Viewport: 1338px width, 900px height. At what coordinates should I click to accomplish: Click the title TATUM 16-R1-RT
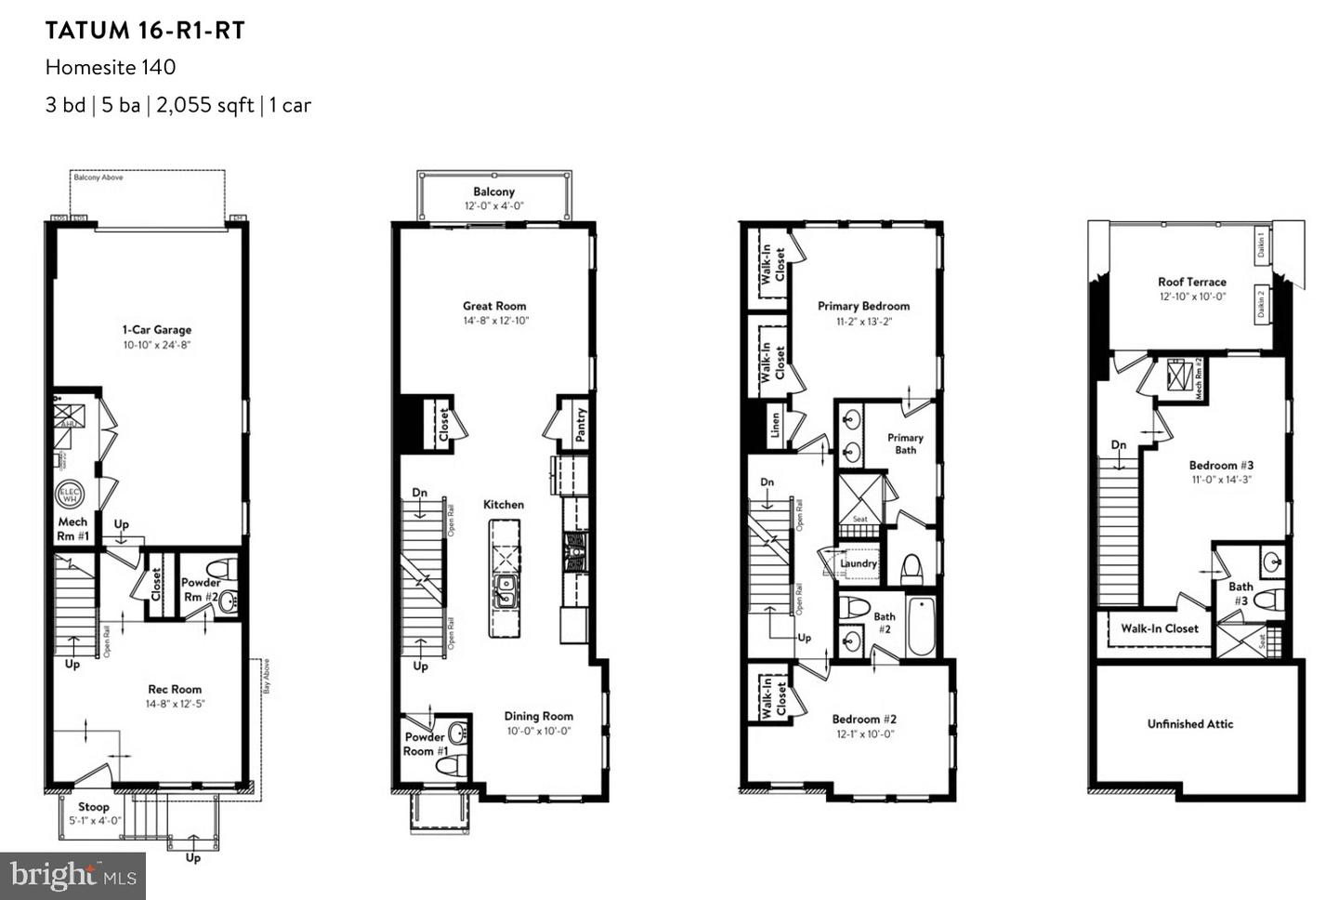click(x=145, y=31)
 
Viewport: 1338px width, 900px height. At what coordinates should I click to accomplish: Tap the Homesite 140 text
click(x=111, y=67)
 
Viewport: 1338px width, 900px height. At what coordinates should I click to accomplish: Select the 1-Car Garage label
click(x=156, y=330)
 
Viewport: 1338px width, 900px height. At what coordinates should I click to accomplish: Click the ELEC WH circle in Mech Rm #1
click(x=71, y=495)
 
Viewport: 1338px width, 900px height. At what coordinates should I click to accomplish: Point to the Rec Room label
click(x=175, y=689)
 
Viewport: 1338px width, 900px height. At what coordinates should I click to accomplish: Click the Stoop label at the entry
click(x=93, y=807)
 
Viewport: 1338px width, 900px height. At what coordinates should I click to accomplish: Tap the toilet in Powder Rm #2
click(x=219, y=568)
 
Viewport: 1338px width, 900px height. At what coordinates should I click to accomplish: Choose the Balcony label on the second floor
click(x=493, y=192)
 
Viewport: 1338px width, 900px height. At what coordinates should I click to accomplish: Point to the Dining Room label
click(x=538, y=716)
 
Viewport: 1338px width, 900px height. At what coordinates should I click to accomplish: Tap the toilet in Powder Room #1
click(x=453, y=764)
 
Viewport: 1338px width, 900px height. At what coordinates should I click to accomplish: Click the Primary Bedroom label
click(x=863, y=306)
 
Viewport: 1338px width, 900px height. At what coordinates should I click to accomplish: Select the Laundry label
click(x=858, y=563)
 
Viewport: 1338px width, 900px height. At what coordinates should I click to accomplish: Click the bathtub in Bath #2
click(x=919, y=627)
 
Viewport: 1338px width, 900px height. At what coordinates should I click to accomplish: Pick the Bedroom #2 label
click(x=863, y=719)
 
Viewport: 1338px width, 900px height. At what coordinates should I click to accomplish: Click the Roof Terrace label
click(x=1191, y=282)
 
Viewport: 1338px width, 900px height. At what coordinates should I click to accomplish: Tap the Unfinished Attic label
click(x=1190, y=723)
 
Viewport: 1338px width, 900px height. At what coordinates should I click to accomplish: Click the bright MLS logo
click(x=72, y=876)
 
